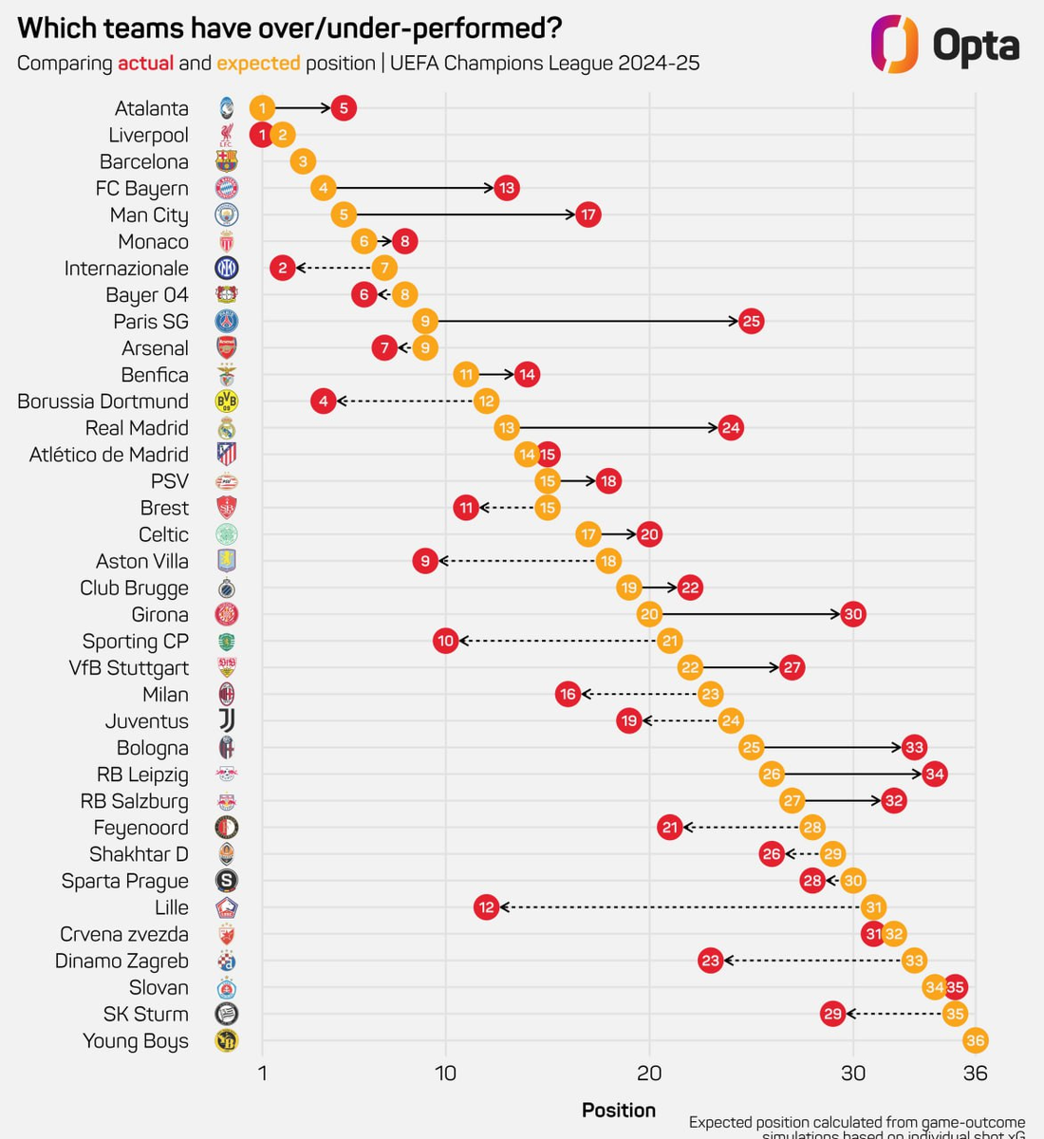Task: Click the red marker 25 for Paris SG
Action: tap(751, 321)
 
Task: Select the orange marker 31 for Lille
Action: tap(873, 907)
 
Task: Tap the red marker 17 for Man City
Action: tap(588, 215)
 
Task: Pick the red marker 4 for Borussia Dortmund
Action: tap(324, 401)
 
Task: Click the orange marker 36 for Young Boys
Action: tap(975, 1040)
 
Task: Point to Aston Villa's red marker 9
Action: tap(425, 561)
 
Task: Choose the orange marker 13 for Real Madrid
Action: tap(507, 427)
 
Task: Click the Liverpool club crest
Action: tap(226, 135)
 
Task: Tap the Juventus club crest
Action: tap(226, 720)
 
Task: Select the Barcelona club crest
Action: tap(226, 161)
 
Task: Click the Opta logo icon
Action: tap(894, 44)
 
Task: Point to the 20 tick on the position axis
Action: tap(649, 1074)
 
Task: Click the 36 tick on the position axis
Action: tap(975, 1074)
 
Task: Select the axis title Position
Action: tap(619, 1110)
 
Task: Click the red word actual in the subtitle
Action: tap(145, 64)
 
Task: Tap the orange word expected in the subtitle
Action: tap(258, 64)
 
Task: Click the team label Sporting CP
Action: tap(135, 641)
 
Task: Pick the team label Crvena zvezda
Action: tap(124, 934)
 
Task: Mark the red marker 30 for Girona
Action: tap(853, 614)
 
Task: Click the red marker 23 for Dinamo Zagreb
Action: tap(711, 961)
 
